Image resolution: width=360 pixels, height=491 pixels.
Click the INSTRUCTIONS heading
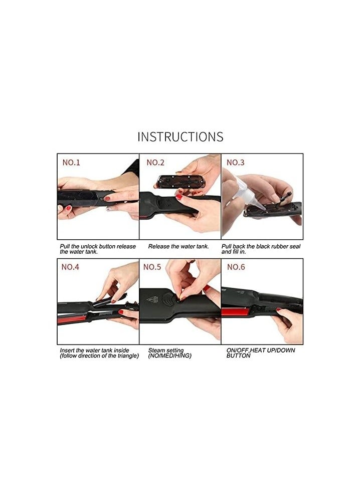click(180, 136)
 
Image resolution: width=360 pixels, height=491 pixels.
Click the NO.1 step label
click(71, 162)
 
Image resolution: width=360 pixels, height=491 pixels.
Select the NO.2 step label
click(155, 162)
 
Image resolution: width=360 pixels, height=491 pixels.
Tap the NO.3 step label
click(236, 162)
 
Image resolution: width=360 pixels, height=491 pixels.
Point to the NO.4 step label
click(70, 267)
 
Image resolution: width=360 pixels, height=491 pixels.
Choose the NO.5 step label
click(152, 267)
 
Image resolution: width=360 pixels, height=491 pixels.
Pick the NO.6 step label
click(236, 267)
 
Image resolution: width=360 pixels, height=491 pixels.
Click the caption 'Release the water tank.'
click(178, 247)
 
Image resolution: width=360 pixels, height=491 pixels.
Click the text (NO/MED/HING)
click(170, 356)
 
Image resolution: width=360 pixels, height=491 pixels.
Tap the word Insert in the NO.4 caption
click(67, 351)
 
